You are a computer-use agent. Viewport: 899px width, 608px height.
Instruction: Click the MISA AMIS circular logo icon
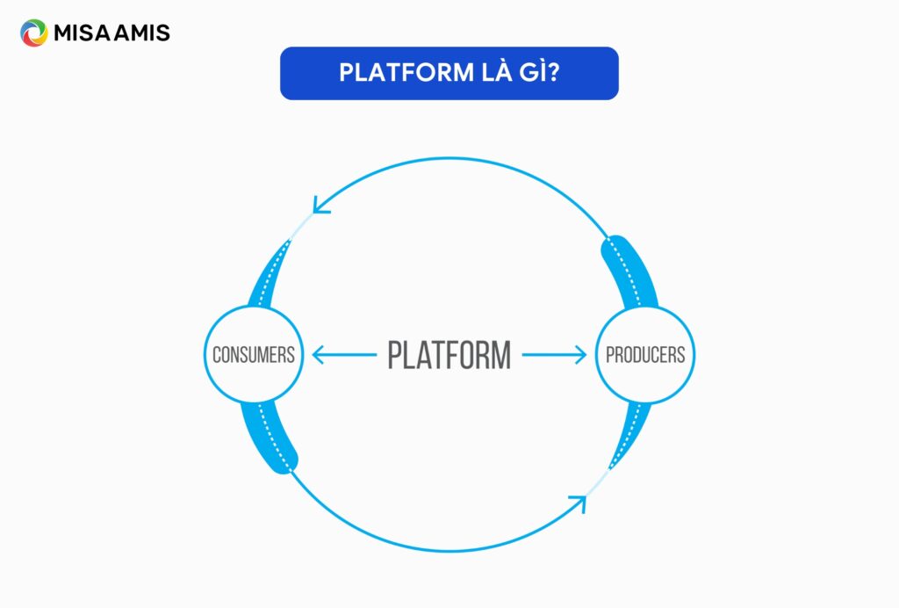33,33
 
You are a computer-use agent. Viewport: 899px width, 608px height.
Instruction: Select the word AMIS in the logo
143,34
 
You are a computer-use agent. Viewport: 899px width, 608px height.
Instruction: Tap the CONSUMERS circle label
253,356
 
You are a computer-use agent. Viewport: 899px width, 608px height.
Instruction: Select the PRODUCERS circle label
645,356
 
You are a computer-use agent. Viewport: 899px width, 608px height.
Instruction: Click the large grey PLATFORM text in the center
449,356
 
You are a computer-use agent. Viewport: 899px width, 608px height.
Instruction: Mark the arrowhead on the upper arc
320,206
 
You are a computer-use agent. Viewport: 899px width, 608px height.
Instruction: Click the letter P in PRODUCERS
610,356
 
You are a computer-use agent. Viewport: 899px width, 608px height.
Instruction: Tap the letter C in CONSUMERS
217,356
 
